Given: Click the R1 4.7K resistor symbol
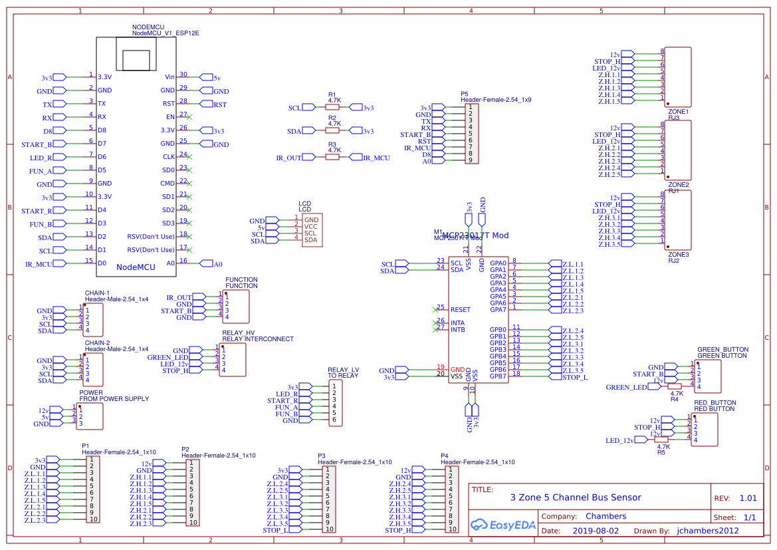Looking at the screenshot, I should (332, 107).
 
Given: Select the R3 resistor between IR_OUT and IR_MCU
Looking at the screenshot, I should (332, 158).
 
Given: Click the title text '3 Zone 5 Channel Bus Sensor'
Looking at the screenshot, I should (576, 497).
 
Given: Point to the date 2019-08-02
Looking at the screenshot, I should (596, 531).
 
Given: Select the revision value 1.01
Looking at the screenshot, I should (748, 498).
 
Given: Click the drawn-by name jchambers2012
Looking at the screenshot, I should (708, 531).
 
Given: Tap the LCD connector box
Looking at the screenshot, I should (312, 230).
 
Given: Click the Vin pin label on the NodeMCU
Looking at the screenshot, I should (169, 77).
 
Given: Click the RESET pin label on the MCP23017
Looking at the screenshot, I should (460, 310).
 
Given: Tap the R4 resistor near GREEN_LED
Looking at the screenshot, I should (675, 386).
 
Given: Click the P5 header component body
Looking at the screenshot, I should (471, 134).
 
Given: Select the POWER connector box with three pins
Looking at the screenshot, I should (90, 417).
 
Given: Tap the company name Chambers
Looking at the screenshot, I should (606, 516).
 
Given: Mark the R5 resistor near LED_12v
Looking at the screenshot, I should (661, 440).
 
